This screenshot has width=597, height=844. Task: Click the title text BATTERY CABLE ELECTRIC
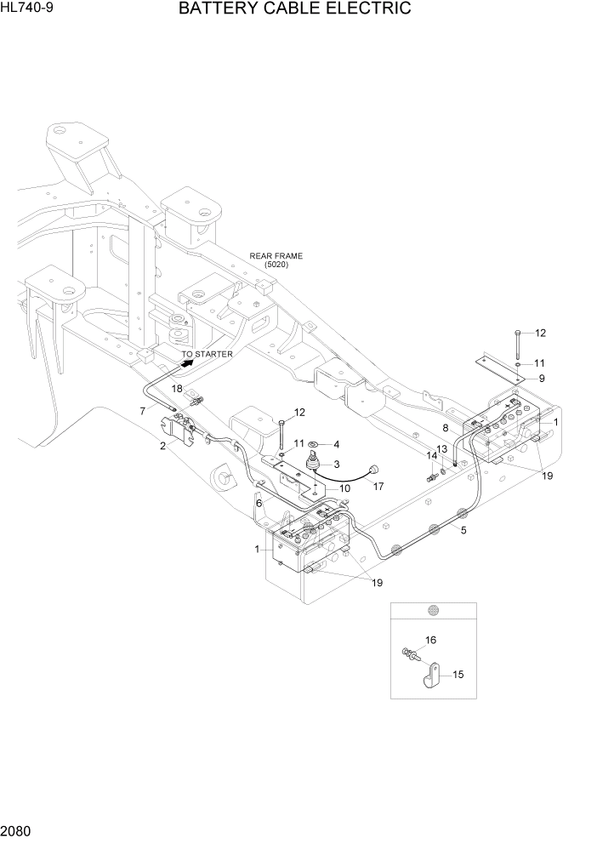pyautogui.click(x=295, y=9)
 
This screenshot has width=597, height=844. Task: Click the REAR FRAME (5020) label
pyautogui.click(x=276, y=260)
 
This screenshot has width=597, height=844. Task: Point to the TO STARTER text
pyautogui.click(x=207, y=354)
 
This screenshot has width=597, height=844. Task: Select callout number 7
pyautogui.click(x=143, y=411)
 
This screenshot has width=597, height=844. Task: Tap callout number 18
pyautogui.click(x=178, y=388)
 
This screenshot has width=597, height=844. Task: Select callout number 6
pyautogui.click(x=259, y=504)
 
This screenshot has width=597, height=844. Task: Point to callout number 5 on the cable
pyautogui.click(x=463, y=530)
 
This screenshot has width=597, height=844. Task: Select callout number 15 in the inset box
pyautogui.click(x=458, y=675)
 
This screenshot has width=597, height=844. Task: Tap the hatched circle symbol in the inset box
pyautogui.click(x=433, y=610)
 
